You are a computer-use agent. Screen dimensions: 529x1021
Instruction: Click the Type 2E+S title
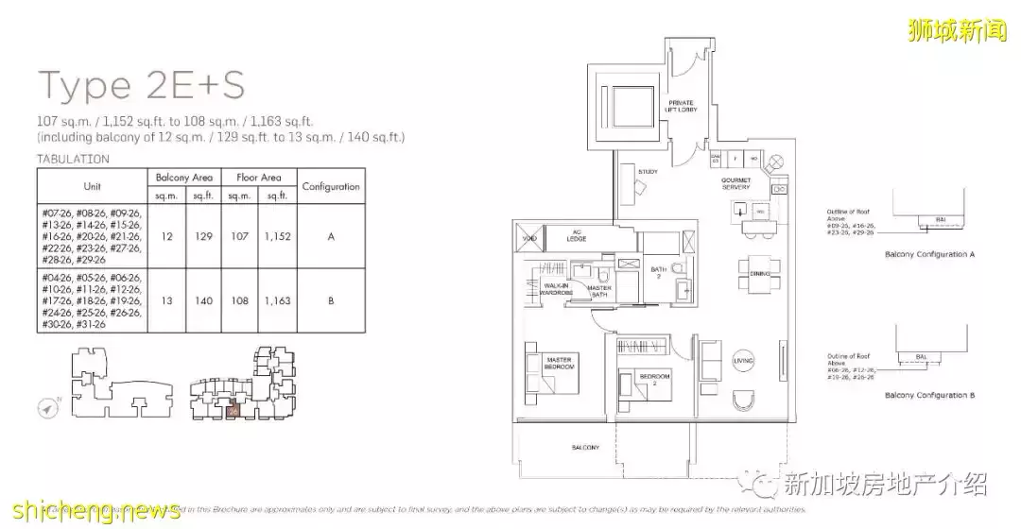[142, 85]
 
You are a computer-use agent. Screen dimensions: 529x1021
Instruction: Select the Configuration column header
[331, 187]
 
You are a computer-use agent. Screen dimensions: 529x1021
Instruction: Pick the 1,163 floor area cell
[277, 300]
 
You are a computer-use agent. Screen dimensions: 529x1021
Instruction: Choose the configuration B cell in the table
[331, 300]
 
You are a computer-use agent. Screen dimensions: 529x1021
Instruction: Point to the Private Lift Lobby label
[681, 108]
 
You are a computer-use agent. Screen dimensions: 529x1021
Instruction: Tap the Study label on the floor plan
[648, 172]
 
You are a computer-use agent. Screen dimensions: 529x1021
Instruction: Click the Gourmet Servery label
[735, 182]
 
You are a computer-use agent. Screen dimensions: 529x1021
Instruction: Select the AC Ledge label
[576, 235]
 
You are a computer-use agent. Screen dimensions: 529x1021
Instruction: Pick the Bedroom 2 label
[654, 379]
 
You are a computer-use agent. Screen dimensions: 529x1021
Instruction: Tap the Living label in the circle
[745, 360]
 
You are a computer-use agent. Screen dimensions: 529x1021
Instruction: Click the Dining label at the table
[761, 272]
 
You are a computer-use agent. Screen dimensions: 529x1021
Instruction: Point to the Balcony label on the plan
[585, 447]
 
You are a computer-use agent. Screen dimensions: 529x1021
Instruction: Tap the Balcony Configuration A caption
[930, 255]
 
